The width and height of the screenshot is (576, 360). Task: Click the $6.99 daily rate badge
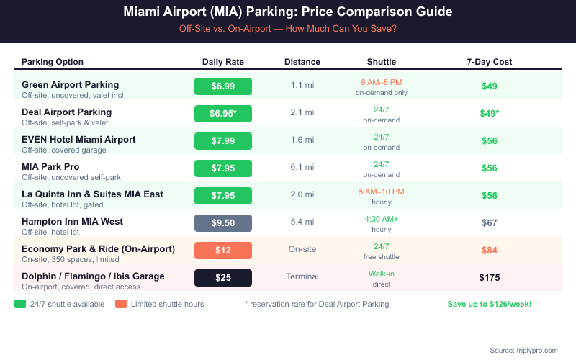pyautogui.click(x=223, y=86)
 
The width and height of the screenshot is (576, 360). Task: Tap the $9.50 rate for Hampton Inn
pyautogui.click(x=223, y=223)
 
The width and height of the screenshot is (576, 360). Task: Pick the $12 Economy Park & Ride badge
pyautogui.click(x=223, y=251)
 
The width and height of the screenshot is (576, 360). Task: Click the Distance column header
pyautogui.click(x=302, y=62)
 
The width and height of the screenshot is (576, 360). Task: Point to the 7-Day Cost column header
pyautogui.click(x=490, y=62)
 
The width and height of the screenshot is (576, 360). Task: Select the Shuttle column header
pyautogui.click(x=381, y=62)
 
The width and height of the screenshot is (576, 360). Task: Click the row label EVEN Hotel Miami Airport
pyautogui.click(x=78, y=140)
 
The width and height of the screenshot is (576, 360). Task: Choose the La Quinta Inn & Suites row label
pyautogui.click(x=92, y=194)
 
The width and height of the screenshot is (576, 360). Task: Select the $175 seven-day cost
pyautogui.click(x=490, y=278)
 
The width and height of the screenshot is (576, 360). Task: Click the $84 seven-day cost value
pyautogui.click(x=490, y=251)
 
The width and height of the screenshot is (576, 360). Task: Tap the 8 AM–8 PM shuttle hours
pyautogui.click(x=381, y=82)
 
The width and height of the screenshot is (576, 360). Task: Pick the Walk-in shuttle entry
pyautogui.click(x=381, y=274)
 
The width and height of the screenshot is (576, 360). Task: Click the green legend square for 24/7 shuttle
pyautogui.click(x=20, y=304)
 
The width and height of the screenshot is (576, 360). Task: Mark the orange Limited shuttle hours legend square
pyautogui.click(x=120, y=304)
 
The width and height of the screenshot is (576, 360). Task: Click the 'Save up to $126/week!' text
pyautogui.click(x=490, y=304)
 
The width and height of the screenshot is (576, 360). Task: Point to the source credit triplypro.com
pyautogui.click(x=523, y=350)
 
